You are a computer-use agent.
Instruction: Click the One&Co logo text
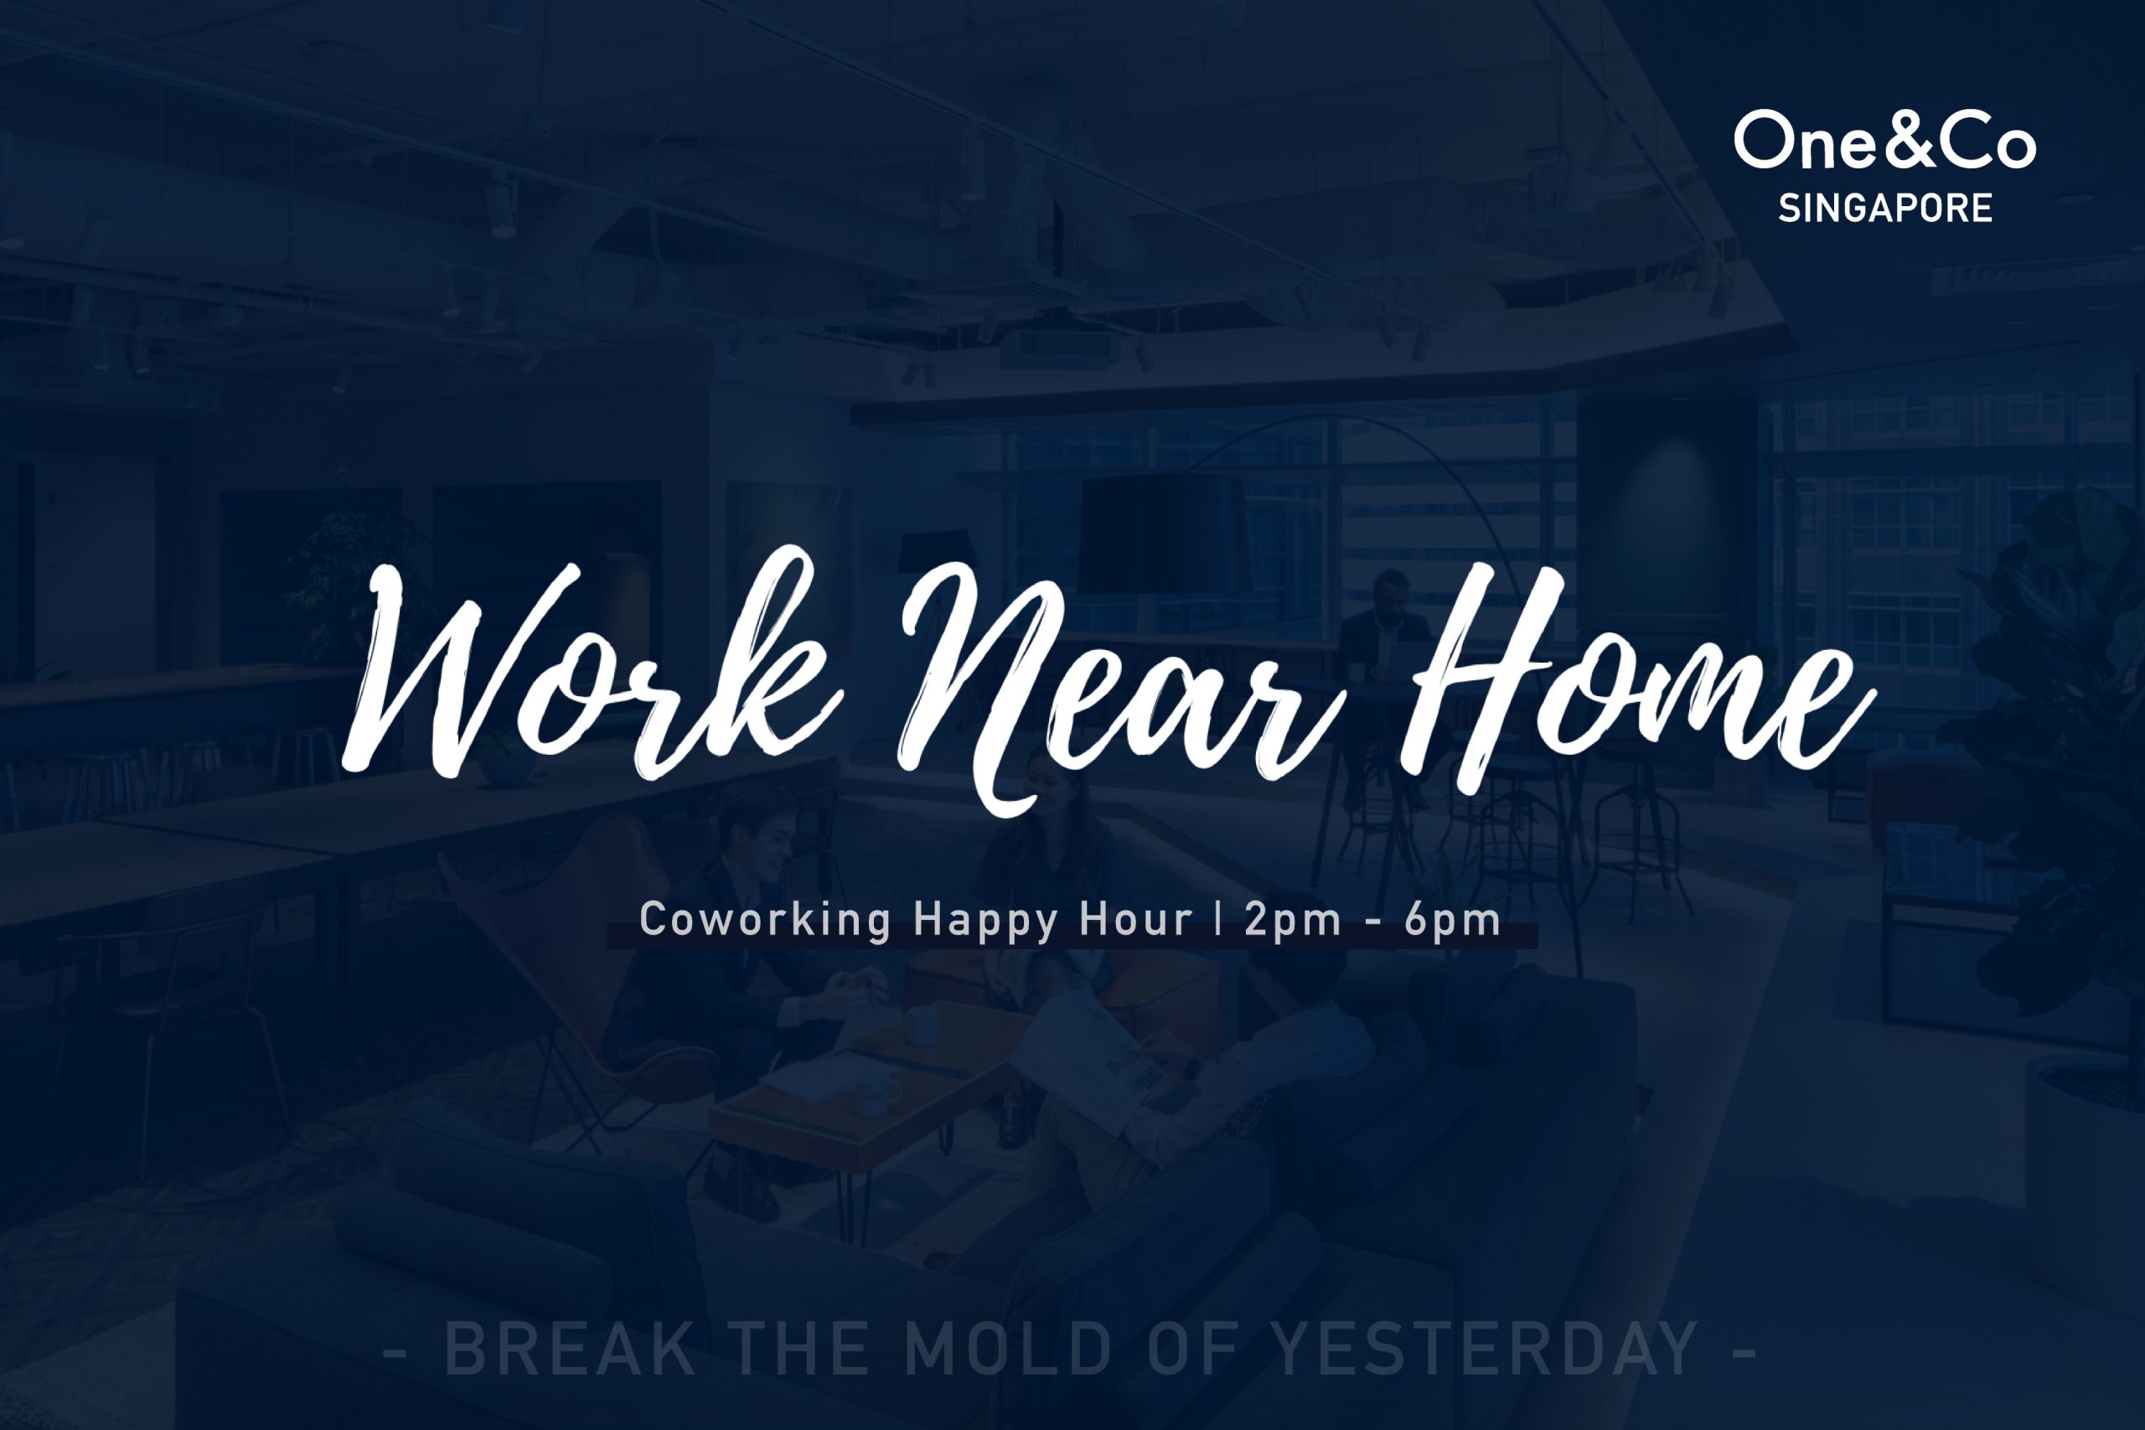coord(1884,140)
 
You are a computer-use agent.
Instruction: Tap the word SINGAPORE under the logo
coord(1885,209)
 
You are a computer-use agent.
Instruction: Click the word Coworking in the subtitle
coord(765,918)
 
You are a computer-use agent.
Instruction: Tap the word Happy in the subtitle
coord(986,919)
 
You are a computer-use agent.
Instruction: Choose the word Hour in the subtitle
coord(1136,918)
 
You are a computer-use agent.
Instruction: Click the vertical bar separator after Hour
coord(1219,919)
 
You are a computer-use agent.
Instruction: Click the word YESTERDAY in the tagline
coord(1485,1350)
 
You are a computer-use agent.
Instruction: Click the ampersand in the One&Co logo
coord(1896,140)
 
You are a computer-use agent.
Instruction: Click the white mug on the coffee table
coord(921,1026)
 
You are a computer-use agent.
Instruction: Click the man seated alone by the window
coord(1386,638)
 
